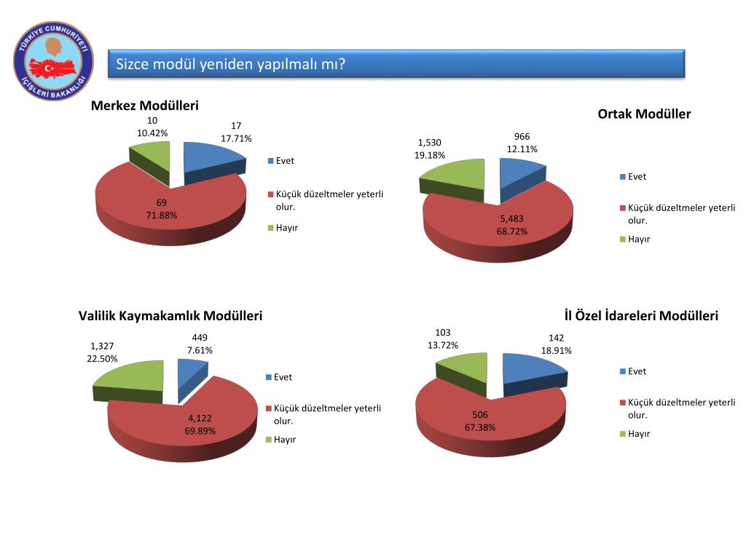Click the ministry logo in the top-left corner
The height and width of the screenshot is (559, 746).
click(54, 62)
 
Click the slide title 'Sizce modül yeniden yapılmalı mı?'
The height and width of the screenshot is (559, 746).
click(230, 65)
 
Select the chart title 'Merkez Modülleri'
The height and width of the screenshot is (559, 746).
click(144, 106)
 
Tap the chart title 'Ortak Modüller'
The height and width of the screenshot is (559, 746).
click(644, 114)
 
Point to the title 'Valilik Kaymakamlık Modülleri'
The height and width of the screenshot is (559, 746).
click(170, 316)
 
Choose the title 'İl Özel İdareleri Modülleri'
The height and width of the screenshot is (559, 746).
click(641, 316)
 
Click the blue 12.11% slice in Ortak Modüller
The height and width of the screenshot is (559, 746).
click(519, 173)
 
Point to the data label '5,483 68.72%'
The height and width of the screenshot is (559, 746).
click(511, 225)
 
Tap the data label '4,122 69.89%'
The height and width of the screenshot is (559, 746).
click(200, 424)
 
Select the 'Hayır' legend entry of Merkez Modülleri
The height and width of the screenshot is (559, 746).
click(286, 228)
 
